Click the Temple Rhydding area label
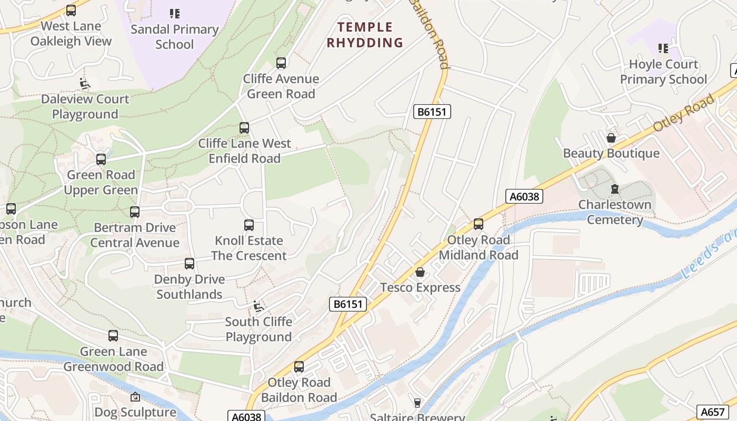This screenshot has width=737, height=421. [x=365, y=35]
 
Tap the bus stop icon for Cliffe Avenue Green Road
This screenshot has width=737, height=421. [x=281, y=63]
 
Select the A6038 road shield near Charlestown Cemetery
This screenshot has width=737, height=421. [x=524, y=196]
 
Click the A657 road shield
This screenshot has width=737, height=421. [x=712, y=412]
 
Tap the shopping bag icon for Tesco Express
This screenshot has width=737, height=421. [x=420, y=272]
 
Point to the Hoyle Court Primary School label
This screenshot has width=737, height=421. [x=663, y=72]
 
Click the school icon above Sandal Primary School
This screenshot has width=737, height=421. [x=174, y=14]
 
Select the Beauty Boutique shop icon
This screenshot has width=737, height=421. [x=611, y=138]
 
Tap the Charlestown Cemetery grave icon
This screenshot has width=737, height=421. [x=614, y=189]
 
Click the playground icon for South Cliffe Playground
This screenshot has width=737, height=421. [x=258, y=306]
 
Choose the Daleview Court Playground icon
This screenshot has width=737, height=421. [x=85, y=84]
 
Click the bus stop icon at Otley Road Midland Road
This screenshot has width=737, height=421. [x=478, y=224]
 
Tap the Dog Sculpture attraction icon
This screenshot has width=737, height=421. [x=135, y=397]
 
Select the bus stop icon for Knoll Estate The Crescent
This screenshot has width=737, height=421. [x=249, y=225]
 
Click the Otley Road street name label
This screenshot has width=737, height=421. [x=683, y=113]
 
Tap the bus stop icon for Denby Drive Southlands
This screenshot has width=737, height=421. [x=190, y=264]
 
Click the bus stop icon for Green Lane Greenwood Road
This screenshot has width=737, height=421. [x=113, y=336]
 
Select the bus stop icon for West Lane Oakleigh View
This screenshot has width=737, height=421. [x=71, y=11]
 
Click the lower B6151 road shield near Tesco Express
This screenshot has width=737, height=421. [x=348, y=304]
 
